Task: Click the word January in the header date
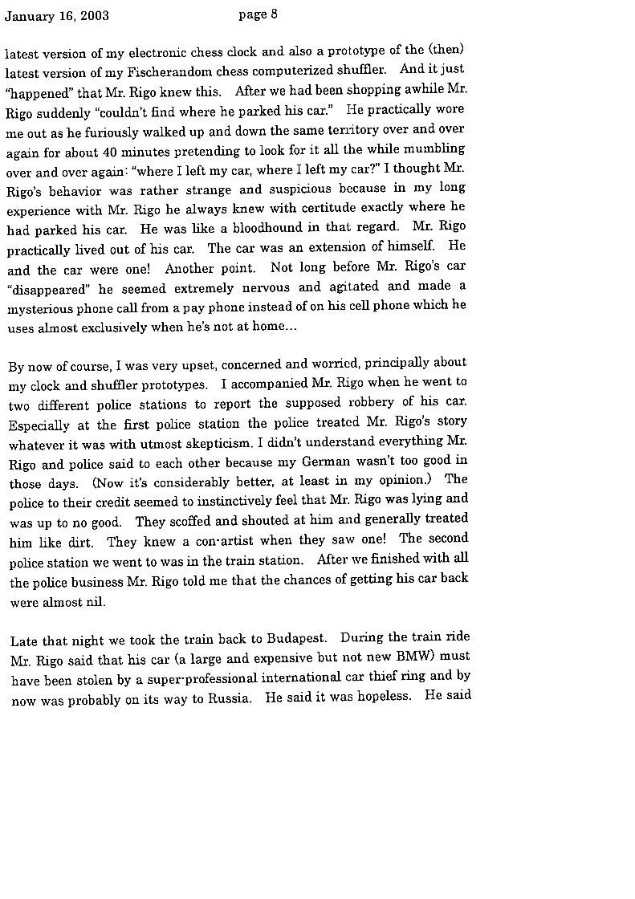(x=30, y=16)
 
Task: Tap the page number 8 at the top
(x=275, y=14)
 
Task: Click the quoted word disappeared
(x=50, y=289)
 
